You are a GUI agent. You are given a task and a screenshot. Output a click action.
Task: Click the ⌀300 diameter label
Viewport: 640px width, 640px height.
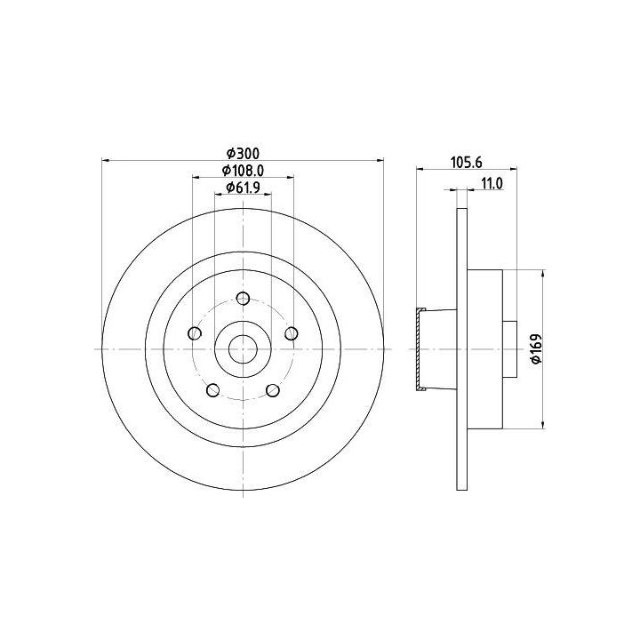244,154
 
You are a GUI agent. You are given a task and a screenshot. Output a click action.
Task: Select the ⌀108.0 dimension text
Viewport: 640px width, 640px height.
244,170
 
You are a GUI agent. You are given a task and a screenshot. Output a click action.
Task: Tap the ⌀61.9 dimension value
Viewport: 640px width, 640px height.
244,188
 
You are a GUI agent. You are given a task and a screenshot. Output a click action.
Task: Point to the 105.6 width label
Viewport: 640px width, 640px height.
467,163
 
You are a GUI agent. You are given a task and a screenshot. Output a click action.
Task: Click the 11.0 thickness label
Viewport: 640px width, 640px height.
492,184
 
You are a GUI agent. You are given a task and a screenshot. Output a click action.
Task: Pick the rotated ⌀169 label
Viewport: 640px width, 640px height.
535,348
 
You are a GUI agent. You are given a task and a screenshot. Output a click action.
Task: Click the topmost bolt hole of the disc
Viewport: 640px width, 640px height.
243,299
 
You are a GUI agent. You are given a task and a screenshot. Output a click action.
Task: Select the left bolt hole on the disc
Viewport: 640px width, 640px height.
195,333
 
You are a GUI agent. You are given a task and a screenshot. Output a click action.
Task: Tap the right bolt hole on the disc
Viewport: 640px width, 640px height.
291,333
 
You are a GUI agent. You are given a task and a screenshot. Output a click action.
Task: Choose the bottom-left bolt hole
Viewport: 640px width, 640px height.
213,390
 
